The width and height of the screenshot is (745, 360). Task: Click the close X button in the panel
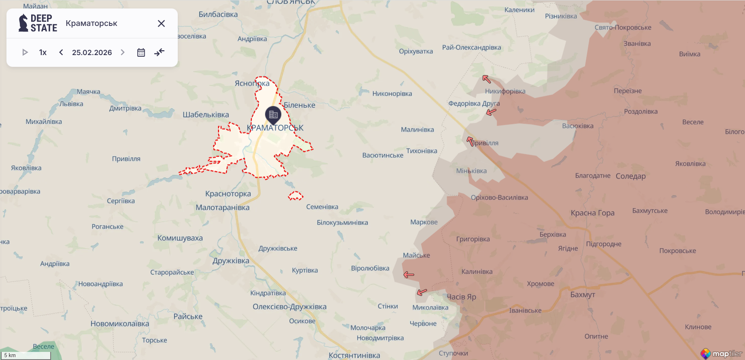point(161,23)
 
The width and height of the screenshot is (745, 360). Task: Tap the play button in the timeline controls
point(25,52)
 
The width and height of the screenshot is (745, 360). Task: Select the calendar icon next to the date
point(141,52)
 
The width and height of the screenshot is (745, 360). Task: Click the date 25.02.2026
point(92,52)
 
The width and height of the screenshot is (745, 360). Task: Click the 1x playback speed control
point(43,52)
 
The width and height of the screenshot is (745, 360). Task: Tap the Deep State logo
point(38,23)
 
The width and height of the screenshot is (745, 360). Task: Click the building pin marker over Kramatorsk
point(273,115)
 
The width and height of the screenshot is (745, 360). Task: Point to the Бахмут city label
point(583,294)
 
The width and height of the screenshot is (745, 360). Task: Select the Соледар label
point(630,176)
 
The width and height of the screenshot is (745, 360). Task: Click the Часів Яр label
point(461,296)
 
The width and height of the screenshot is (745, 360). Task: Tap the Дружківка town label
point(231,260)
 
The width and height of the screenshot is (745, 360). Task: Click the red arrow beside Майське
point(409,275)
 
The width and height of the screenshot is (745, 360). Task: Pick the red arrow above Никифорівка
point(486,79)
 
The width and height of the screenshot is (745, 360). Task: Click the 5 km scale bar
point(27,355)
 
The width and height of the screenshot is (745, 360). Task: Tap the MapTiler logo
point(721,354)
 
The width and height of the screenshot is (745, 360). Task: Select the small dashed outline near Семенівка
point(296,196)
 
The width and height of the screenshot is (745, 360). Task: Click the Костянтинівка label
point(354,355)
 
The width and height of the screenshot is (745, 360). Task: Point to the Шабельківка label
point(206,115)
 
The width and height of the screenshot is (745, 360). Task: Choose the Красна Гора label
point(592,213)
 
